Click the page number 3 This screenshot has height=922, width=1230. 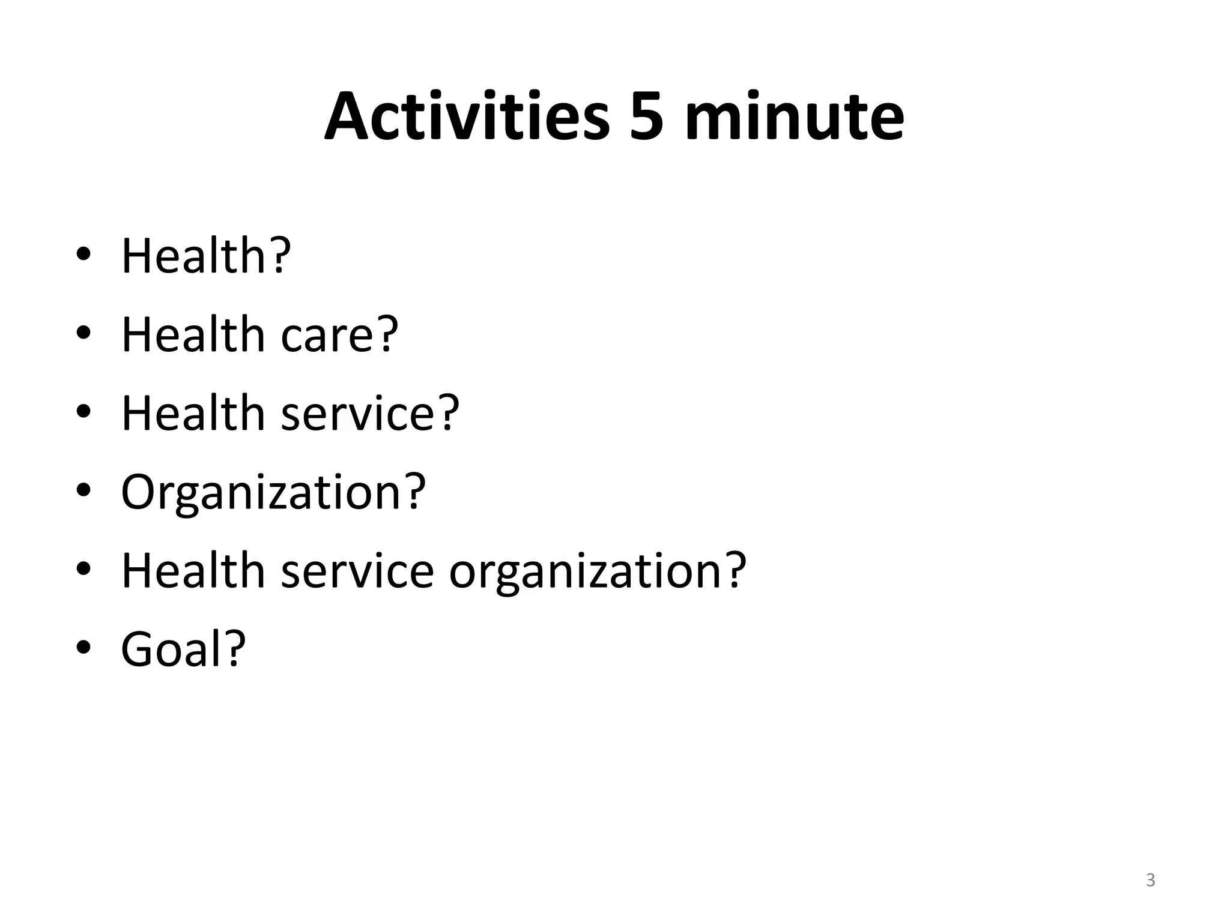pyautogui.click(x=1150, y=880)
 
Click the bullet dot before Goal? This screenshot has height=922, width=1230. pyautogui.click(x=83, y=648)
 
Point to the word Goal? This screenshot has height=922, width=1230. pyautogui.click(x=183, y=649)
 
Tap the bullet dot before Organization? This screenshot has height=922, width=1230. pyautogui.click(x=83, y=490)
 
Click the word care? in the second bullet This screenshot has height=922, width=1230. pyautogui.click(x=339, y=334)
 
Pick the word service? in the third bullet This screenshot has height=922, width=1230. pyautogui.click(x=369, y=413)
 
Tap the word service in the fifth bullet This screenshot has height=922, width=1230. pyautogui.click(x=357, y=570)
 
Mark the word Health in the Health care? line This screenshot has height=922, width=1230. pyautogui.click(x=193, y=334)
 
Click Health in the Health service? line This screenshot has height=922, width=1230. pyautogui.click(x=193, y=413)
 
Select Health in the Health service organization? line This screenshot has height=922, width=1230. pyautogui.click(x=193, y=570)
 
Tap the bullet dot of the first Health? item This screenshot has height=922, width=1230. pyautogui.click(x=83, y=255)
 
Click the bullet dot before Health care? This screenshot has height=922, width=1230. pyautogui.click(x=83, y=333)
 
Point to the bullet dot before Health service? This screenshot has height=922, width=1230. pyautogui.click(x=83, y=412)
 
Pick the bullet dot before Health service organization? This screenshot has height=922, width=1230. pyautogui.click(x=83, y=569)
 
